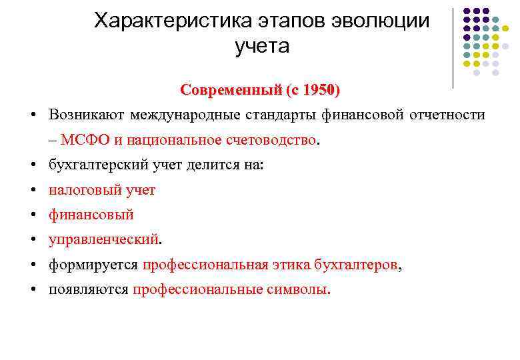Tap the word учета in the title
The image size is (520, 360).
pos(262,46)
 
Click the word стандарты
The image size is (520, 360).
pos(281,115)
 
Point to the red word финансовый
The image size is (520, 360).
pos(91,215)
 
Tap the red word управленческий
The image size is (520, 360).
pos(103,239)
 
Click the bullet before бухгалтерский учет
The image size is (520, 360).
pos(33,165)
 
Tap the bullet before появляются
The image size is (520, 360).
pos(33,289)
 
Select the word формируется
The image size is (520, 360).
pos(93,265)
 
